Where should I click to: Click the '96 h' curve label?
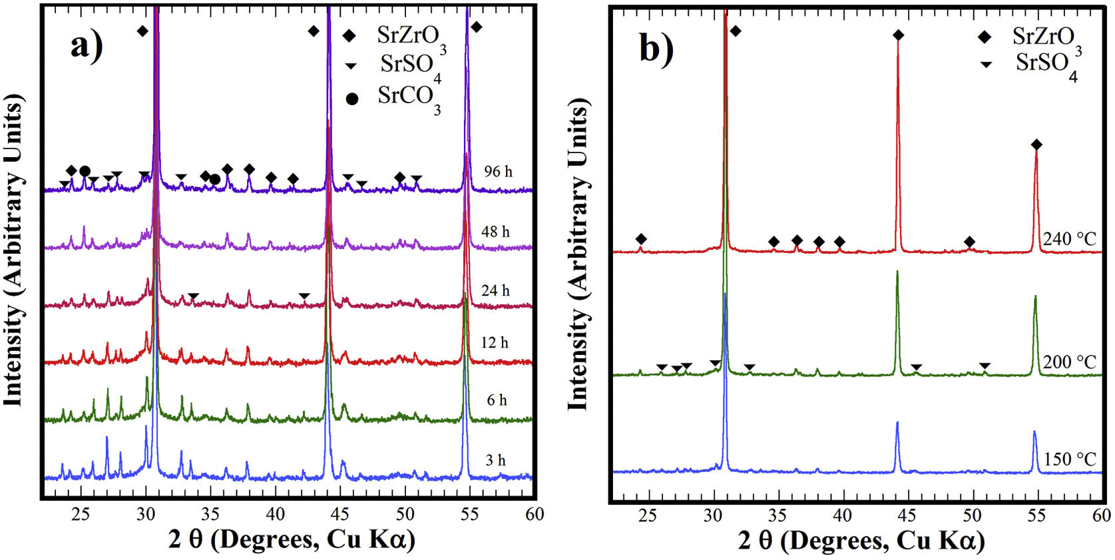(x=498, y=172)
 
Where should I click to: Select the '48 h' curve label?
(x=495, y=232)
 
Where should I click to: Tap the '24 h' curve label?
(x=495, y=290)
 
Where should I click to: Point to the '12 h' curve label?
(x=495, y=343)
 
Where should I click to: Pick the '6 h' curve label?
(x=497, y=400)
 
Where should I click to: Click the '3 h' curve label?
(x=495, y=460)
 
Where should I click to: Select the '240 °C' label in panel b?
(x=1069, y=239)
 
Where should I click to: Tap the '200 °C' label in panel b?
(x=1069, y=362)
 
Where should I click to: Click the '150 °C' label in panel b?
(x=1069, y=459)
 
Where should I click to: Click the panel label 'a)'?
(x=87, y=47)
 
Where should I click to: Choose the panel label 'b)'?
(x=656, y=48)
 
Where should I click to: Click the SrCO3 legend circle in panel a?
(x=352, y=99)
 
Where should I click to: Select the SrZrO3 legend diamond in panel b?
(x=985, y=37)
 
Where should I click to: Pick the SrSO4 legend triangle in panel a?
(x=351, y=66)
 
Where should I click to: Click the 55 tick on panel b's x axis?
(x=1036, y=515)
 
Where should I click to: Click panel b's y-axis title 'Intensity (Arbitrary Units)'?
(x=578, y=256)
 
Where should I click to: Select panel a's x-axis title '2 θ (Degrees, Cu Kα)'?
(x=292, y=539)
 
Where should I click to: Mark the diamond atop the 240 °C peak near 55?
(x=1036, y=145)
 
